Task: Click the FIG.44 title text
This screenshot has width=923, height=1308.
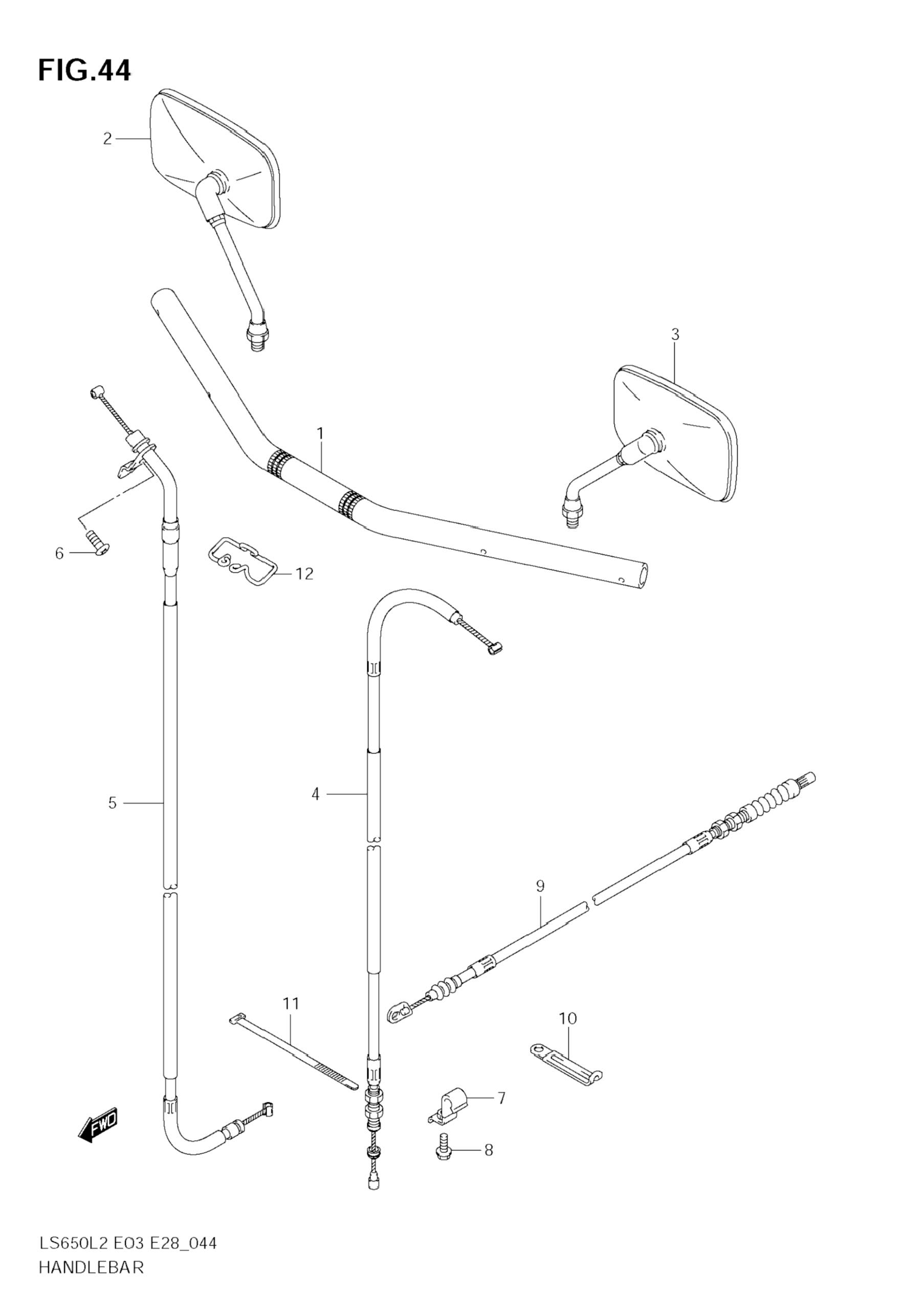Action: [x=84, y=71]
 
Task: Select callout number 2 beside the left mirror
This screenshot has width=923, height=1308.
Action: [x=107, y=139]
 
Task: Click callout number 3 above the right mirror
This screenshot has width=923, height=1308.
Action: [x=675, y=335]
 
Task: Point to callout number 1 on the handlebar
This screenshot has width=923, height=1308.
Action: [x=320, y=434]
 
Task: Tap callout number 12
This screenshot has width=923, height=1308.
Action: [x=305, y=573]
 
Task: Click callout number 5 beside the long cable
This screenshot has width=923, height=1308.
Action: [x=112, y=803]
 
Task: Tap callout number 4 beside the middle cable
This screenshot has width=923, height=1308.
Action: [x=316, y=793]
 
